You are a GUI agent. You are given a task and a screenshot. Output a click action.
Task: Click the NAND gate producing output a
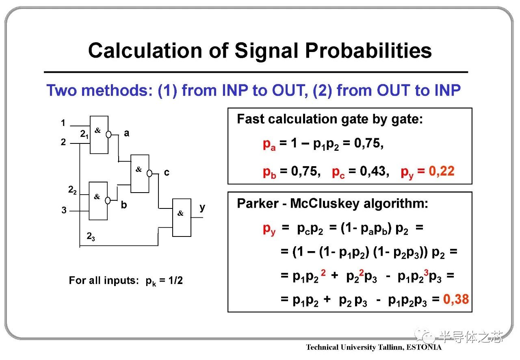(99, 135)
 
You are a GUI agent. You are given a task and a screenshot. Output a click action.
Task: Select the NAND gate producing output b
(98, 201)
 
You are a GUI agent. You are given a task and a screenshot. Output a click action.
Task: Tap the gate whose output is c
(140, 174)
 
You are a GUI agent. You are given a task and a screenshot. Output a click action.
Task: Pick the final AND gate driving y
(182, 218)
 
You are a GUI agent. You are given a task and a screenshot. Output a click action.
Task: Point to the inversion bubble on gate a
(108, 134)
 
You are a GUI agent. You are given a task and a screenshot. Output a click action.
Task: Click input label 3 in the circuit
(64, 210)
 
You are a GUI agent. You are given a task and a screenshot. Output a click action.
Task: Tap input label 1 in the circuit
(63, 123)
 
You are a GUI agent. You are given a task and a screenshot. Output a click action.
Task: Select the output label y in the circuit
(202, 207)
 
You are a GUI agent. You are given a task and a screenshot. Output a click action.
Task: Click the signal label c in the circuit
(167, 173)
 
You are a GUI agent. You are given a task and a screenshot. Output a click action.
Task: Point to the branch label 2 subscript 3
(91, 236)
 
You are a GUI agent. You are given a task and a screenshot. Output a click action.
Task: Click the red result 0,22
(441, 171)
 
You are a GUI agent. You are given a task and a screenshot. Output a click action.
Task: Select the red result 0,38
(456, 299)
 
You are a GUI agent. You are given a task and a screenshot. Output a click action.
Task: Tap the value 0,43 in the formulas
(374, 171)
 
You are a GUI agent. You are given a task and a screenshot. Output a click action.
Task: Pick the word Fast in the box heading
(251, 119)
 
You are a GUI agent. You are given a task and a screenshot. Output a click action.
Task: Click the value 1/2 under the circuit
(175, 280)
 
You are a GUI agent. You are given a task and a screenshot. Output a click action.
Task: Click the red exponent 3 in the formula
(426, 272)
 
